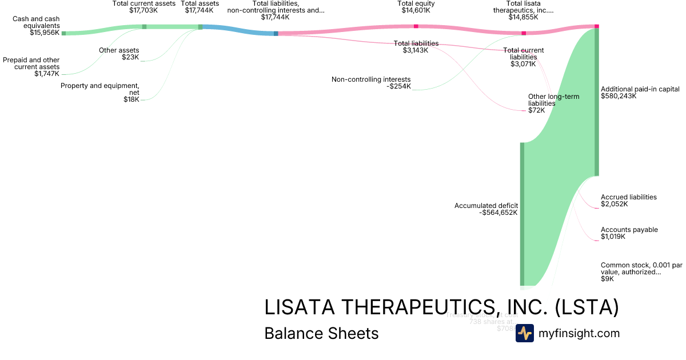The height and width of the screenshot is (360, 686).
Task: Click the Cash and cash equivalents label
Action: [36, 22]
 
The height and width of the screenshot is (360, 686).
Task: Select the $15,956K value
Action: [45, 33]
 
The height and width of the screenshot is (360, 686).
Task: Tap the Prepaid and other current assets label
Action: [31, 63]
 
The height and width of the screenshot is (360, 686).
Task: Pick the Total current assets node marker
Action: [144, 26]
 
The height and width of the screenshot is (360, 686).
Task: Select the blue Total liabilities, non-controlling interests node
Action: [276, 34]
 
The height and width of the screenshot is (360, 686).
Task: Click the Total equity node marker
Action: [416, 26]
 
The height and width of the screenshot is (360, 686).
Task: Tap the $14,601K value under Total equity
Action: [416, 10]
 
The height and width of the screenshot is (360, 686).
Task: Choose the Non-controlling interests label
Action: [371, 79]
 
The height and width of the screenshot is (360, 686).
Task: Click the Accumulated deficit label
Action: [486, 206]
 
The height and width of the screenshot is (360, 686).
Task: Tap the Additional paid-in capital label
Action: [640, 89]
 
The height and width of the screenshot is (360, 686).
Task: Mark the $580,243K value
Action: [619, 96]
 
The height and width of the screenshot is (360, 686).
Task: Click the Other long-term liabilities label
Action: [553, 100]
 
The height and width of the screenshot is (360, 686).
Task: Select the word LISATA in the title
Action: [300, 307]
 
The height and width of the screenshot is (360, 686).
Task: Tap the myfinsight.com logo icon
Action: [525, 333]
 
